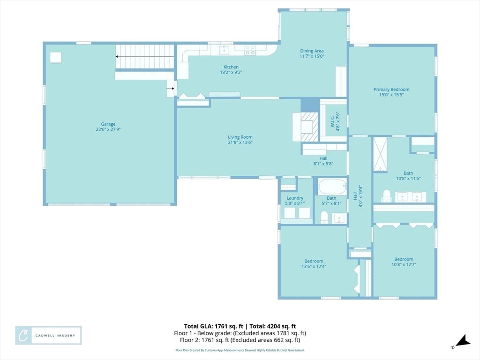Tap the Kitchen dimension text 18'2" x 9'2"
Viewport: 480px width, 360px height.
(x=231, y=73)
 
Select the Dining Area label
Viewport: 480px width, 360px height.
(x=312, y=51)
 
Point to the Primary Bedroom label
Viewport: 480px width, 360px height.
(x=391, y=90)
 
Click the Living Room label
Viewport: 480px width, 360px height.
(x=240, y=137)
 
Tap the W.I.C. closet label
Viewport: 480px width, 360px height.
(x=332, y=120)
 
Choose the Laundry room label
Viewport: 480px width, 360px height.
(x=294, y=198)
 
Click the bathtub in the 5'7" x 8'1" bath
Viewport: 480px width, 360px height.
(x=332, y=187)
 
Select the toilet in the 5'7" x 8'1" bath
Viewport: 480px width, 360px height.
(x=323, y=216)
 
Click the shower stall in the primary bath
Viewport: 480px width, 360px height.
(x=380, y=154)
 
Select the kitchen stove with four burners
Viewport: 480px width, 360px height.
(x=250, y=50)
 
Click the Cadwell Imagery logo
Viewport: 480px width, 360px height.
(x=48, y=336)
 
